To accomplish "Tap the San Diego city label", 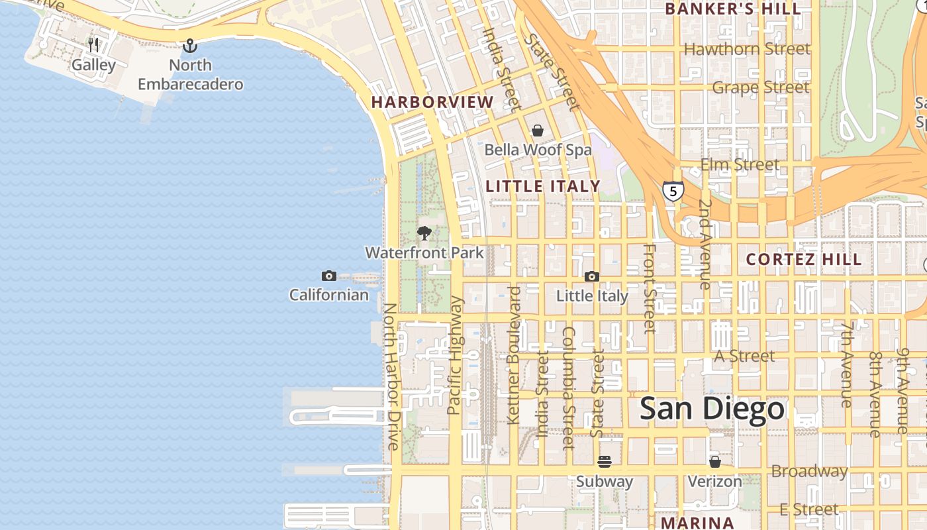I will pos(712,409).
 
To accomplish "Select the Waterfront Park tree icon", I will pos(424,233).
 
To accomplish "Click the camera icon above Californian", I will pos(328,276).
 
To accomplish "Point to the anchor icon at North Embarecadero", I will pos(190,46).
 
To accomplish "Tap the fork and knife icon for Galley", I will pos(93,45).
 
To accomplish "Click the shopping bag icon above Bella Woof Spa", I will pos(538,131).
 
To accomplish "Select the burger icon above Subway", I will pos(604,461).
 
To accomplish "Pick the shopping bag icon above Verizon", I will pos(714,461).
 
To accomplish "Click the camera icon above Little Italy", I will pos(591,276).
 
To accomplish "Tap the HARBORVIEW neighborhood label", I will pos(432,102).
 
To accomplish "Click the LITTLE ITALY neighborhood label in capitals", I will pos(543,187).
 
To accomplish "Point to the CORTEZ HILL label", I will pos(804,260).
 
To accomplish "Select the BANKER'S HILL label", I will pos(733,9).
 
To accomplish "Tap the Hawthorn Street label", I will pos(747,49).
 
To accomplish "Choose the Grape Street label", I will pos(760,87).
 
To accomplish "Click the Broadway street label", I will pos(809,472).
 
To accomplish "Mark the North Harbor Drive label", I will pos(391,376).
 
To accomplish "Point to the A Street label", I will pos(744,356).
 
